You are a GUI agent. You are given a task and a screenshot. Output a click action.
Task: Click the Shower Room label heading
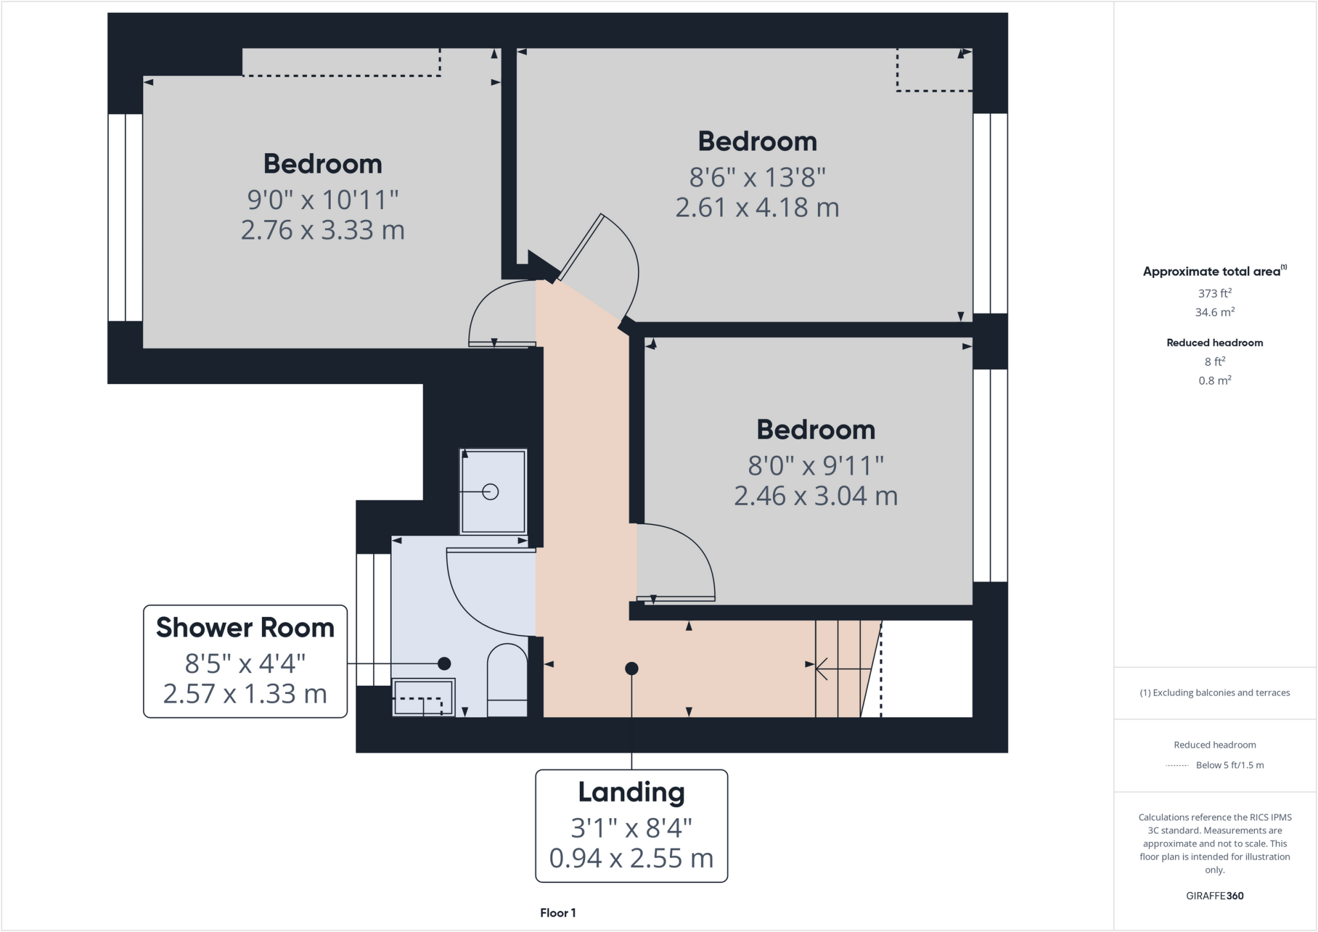[245, 628]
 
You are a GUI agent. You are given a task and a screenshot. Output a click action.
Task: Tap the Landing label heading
[631, 792]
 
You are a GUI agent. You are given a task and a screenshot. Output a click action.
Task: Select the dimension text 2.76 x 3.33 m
[322, 230]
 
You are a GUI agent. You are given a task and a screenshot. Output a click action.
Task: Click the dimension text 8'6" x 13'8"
[757, 177]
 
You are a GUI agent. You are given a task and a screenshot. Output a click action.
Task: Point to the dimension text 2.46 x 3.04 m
[815, 496]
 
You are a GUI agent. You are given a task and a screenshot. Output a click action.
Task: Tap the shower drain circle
[490, 492]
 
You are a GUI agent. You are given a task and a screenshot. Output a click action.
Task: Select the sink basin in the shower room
[423, 697]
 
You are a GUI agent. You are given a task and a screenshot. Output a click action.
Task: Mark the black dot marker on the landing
[631, 669]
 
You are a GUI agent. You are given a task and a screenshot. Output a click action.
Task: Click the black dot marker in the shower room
[444, 663]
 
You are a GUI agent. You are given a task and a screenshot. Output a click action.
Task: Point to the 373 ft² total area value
[1214, 293]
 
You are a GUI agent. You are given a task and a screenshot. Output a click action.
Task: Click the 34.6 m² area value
[1214, 313]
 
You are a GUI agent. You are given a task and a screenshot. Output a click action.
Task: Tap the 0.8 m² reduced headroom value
[1214, 381]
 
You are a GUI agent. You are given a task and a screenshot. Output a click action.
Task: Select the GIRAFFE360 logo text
[1214, 895]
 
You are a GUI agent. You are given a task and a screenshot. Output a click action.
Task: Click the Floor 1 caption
[557, 913]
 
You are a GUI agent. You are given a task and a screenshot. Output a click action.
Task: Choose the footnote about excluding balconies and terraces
[1214, 693]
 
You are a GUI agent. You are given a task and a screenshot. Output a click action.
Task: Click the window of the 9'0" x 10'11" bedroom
[125, 217]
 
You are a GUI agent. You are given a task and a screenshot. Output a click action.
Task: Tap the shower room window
[373, 619]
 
